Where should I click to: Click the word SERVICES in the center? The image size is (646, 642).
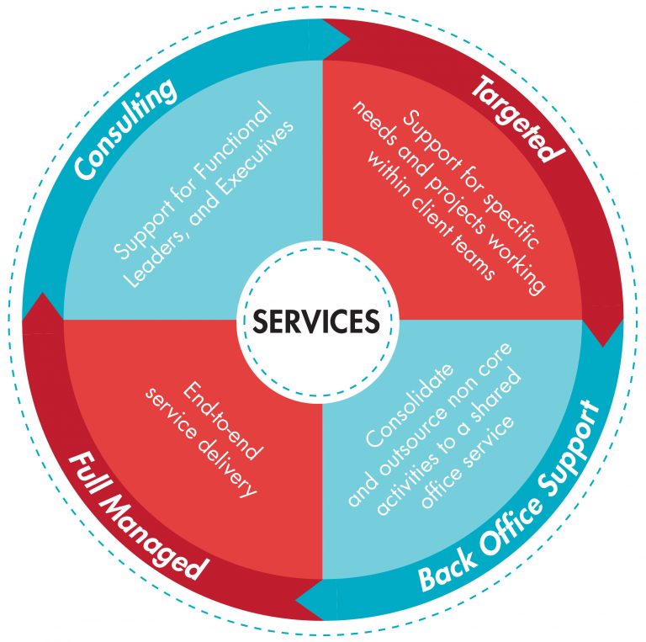click(x=322, y=321)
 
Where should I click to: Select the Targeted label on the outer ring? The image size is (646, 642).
click(x=517, y=119)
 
